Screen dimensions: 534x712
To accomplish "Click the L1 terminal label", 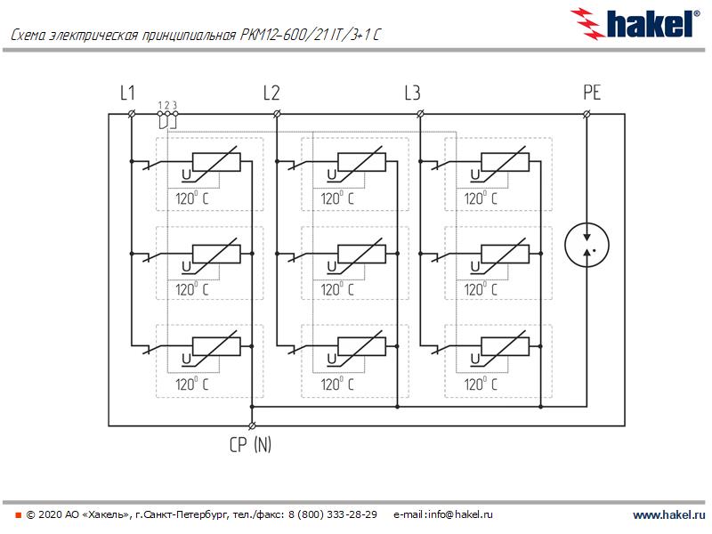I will (127, 93).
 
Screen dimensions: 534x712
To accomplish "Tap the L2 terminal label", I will (271, 93).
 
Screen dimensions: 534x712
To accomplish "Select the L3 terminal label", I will (412, 93).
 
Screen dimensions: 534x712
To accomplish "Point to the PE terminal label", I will (592, 93).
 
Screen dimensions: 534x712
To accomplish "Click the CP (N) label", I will (250, 445).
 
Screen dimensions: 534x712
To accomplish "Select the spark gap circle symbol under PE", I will (587, 245).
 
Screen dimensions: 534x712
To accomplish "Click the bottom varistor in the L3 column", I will (505, 344).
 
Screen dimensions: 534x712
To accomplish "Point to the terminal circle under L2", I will (277, 114).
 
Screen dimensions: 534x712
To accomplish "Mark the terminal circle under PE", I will (587, 114).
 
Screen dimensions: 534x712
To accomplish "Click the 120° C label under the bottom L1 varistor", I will (192, 384).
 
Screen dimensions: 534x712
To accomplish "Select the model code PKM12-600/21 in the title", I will (293, 36).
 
